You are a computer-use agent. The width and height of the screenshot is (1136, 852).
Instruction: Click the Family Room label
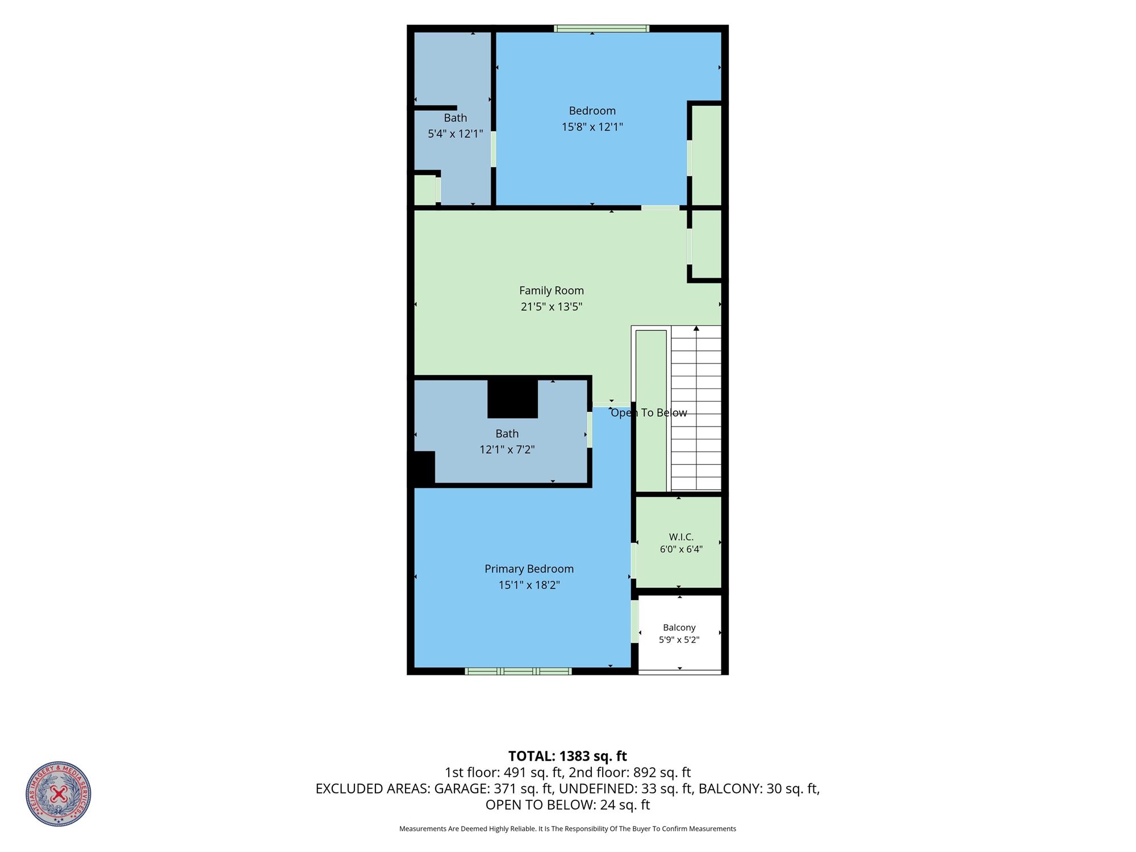tap(552, 290)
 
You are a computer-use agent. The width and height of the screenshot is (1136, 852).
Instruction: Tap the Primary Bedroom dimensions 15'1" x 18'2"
tap(529, 584)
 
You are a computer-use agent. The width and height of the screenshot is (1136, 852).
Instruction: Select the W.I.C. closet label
tap(681, 537)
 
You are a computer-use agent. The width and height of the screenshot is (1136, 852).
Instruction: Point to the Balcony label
tap(679, 628)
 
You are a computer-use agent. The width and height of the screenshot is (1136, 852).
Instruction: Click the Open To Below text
tap(649, 413)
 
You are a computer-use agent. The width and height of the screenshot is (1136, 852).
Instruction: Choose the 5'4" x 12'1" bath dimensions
tap(456, 134)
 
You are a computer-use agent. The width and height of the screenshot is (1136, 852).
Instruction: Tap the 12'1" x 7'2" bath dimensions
tap(507, 450)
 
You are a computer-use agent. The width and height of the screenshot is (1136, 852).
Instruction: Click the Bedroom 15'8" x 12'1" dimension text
tap(592, 127)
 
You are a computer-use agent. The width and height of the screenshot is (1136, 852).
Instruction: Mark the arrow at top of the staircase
tap(696, 328)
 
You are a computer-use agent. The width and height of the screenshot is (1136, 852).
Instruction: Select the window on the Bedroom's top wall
tap(602, 28)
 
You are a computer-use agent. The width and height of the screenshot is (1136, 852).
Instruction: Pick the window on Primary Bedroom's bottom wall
tap(518, 671)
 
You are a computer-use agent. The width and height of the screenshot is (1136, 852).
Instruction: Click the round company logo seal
tap(58, 793)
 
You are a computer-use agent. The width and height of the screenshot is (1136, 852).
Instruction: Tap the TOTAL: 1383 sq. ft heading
tap(567, 756)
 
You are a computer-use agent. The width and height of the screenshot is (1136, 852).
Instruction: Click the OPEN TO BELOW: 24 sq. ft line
tap(567, 805)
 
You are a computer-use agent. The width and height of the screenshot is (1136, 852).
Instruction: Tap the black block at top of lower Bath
tap(513, 399)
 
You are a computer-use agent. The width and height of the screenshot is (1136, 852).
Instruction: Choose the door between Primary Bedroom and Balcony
tap(635, 621)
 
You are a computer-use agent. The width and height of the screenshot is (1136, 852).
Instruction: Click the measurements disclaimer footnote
tap(567, 829)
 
